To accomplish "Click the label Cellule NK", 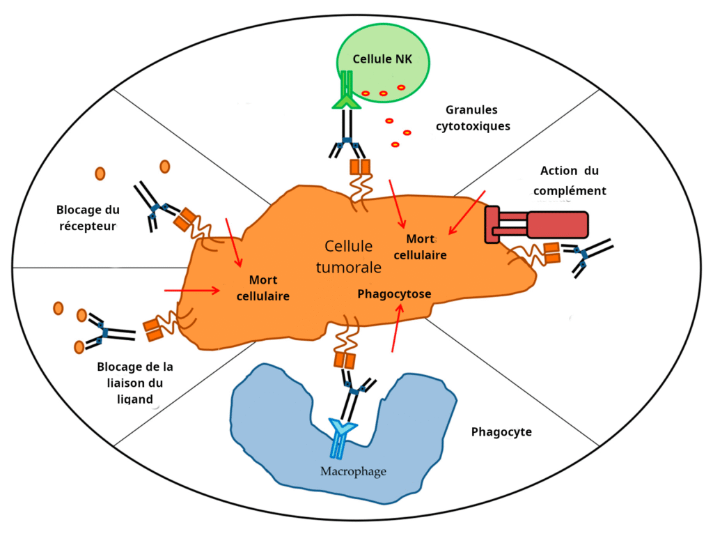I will (382, 59).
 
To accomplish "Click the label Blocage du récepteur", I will (87, 217).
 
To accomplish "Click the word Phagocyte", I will (501, 431).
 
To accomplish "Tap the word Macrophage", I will (353, 472).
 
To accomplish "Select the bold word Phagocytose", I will (394, 294).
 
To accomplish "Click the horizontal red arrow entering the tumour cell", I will (191, 289).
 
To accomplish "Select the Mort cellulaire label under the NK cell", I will (420, 247).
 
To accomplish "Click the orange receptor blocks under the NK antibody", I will (360, 168).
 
